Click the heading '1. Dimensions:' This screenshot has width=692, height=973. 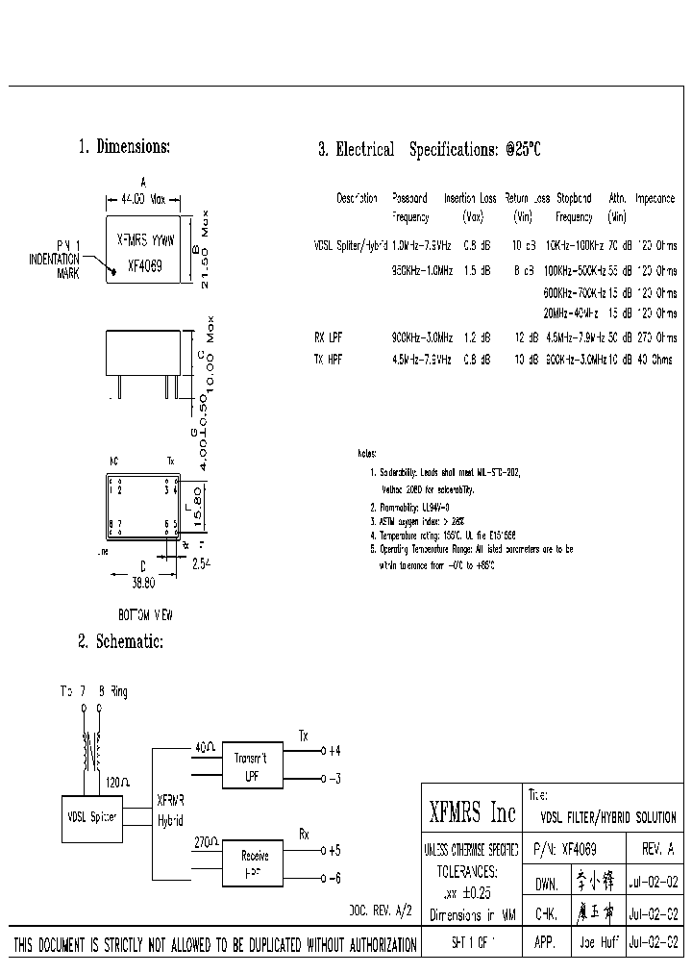(x=124, y=147)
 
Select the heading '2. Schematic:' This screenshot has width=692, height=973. (x=120, y=641)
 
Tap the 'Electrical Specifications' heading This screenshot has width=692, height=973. (x=430, y=149)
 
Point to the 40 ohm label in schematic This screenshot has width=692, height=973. (x=205, y=746)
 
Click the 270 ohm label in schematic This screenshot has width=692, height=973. (x=206, y=841)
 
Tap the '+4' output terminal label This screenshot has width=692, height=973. (x=334, y=750)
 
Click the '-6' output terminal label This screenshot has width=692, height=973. (x=334, y=879)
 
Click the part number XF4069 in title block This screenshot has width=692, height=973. (x=578, y=850)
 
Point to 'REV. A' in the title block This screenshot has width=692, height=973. (x=657, y=850)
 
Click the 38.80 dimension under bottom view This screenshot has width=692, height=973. (x=142, y=583)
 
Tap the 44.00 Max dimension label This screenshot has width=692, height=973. (x=143, y=199)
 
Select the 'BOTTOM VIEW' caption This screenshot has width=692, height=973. (x=145, y=613)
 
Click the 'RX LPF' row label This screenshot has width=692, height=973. (x=328, y=337)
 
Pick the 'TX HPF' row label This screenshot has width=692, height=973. (x=328, y=359)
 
